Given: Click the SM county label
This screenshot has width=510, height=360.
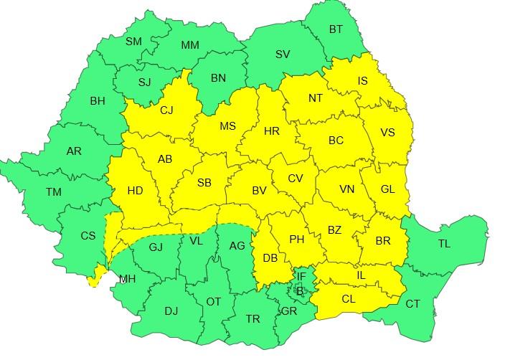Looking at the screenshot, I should tap(134, 42).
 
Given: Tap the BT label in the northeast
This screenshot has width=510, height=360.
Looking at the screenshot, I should tap(336, 29).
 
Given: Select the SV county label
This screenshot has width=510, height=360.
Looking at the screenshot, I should tap(283, 54).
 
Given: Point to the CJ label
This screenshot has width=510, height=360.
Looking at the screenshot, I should tap(166, 110).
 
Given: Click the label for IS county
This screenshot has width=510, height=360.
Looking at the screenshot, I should tap(362, 81).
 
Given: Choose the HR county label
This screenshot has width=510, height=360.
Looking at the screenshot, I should tap(271, 132).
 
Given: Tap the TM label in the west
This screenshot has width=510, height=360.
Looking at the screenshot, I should tap(53, 192).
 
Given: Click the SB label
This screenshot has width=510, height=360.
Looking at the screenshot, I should tap(204, 184).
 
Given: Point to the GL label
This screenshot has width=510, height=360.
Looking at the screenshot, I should tap(387, 189).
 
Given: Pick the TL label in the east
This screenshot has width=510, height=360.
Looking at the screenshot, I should tap(444, 244).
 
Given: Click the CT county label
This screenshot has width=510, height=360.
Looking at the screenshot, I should tap(413, 304).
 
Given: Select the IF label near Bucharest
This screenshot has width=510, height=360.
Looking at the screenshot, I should tap(301, 276).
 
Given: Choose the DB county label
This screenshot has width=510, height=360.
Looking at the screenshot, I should tap(270, 257).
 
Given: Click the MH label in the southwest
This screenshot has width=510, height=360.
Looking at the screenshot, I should tap(127, 279).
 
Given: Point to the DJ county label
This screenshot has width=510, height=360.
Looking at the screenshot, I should tap(171, 311).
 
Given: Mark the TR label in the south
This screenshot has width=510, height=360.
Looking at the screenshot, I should tap(252, 319).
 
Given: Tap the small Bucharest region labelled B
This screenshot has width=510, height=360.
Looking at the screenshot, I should tap(300, 290).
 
